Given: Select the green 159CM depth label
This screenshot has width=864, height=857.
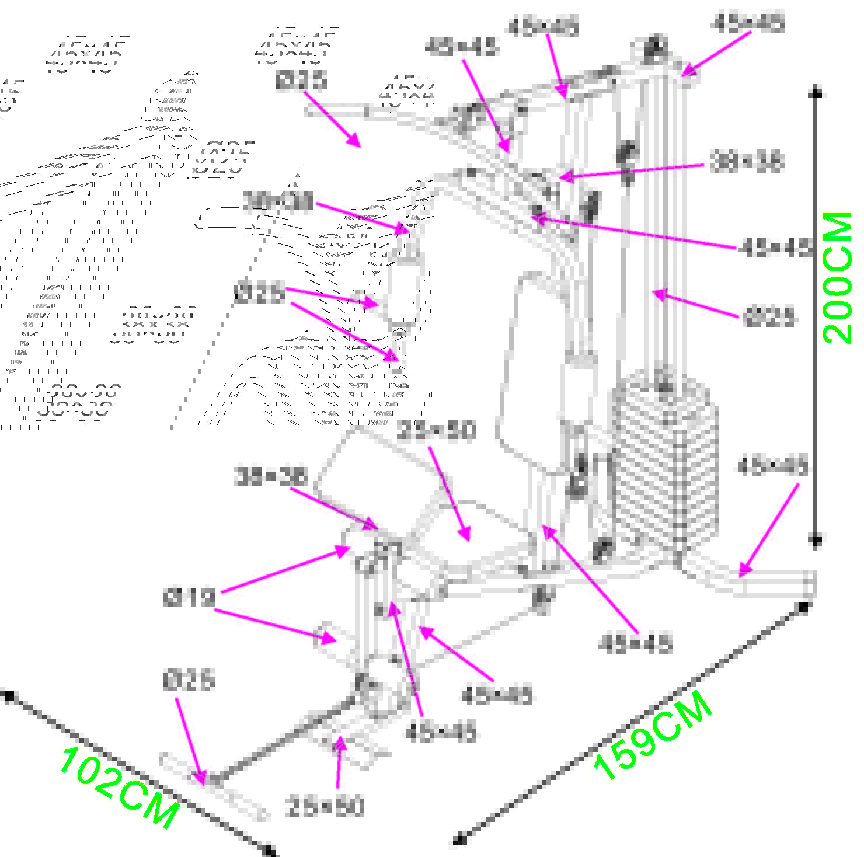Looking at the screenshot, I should tap(653, 736).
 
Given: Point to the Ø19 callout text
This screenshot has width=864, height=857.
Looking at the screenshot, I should tap(189, 598).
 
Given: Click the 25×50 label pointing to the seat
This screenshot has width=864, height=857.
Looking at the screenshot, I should tap(436, 431).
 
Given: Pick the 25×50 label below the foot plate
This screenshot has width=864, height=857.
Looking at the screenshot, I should tap(325, 807).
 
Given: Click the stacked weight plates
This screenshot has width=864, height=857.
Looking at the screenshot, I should tap(664, 461).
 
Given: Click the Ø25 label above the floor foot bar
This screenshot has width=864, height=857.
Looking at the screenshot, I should tap(189, 681).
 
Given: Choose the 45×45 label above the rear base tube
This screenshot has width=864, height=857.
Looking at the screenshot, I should tap(772, 467).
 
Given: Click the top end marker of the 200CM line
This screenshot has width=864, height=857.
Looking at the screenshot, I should tap(817, 92).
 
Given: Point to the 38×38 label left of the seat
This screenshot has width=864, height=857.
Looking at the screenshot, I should tap(270, 477).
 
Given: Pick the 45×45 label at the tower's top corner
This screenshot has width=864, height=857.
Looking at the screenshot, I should tap(747, 24).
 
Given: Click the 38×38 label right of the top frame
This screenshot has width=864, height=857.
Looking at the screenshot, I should tap(745, 162).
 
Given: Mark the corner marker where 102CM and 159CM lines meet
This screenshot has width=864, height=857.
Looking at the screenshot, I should tap(269, 849).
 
